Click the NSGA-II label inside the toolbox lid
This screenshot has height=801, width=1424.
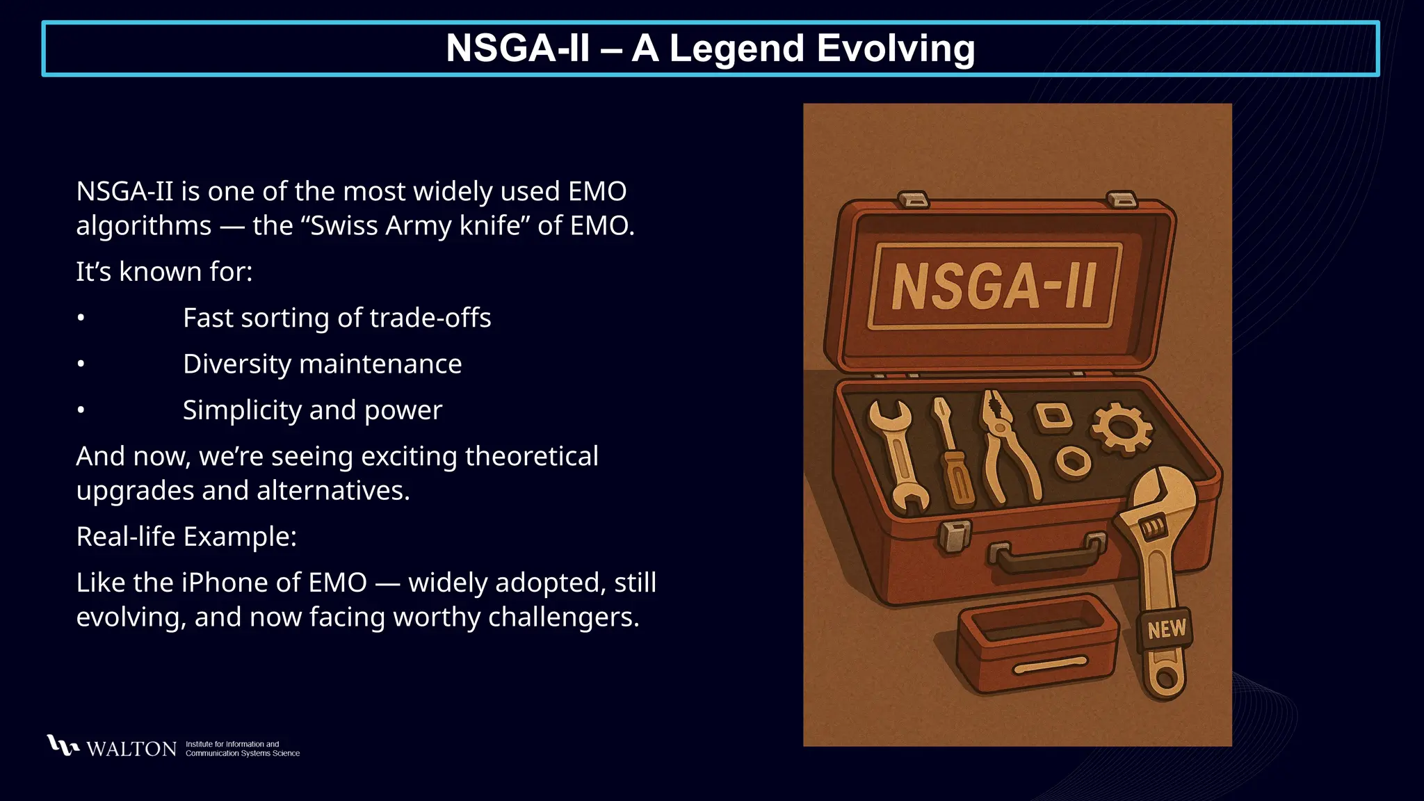click(x=994, y=286)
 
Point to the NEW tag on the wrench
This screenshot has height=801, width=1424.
click(x=1166, y=629)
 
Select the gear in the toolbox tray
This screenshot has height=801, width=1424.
click(x=1121, y=428)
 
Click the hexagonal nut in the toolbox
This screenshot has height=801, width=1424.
click(x=1073, y=462)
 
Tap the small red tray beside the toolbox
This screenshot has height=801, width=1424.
click(x=1036, y=643)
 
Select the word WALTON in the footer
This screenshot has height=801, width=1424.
click(x=131, y=749)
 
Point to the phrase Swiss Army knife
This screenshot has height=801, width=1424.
click(x=416, y=226)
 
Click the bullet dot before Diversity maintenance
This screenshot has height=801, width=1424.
click(x=81, y=364)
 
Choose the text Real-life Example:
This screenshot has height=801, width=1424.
click(x=186, y=537)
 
